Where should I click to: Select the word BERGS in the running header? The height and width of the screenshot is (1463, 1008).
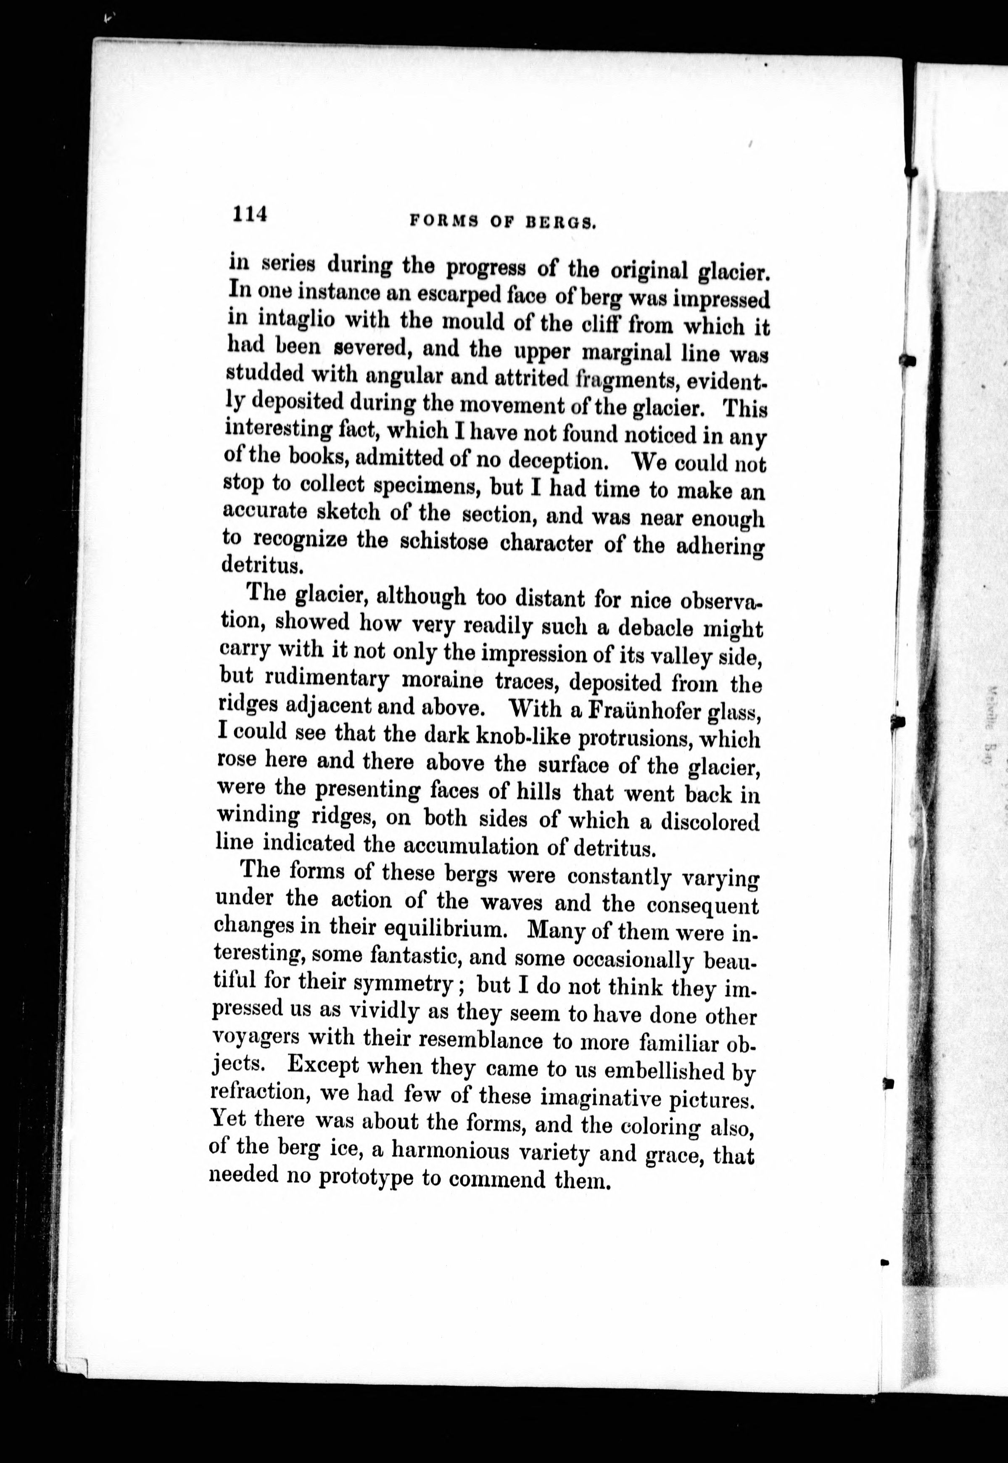562,223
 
